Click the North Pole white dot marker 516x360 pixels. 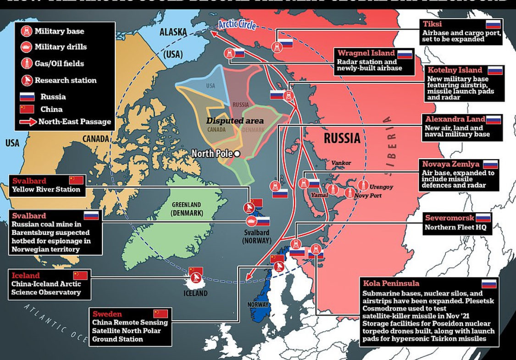click(237, 154)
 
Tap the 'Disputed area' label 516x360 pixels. click(235, 121)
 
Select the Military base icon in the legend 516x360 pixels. click(27, 31)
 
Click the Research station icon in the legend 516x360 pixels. click(27, 80)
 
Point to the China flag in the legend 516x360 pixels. click(27, 109)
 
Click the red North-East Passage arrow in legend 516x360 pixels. click(28, 122)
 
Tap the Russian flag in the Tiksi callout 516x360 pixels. click(493, 25)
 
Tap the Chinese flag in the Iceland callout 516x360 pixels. click(80, 276)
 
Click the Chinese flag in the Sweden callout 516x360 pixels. click(161, 314)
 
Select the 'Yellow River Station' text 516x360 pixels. click(46, 189)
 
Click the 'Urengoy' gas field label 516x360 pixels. click(381, 187)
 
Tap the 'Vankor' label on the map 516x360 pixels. click(341, 163)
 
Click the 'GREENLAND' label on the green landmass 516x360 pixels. click(187, 205)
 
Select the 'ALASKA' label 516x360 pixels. click(173, 32)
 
